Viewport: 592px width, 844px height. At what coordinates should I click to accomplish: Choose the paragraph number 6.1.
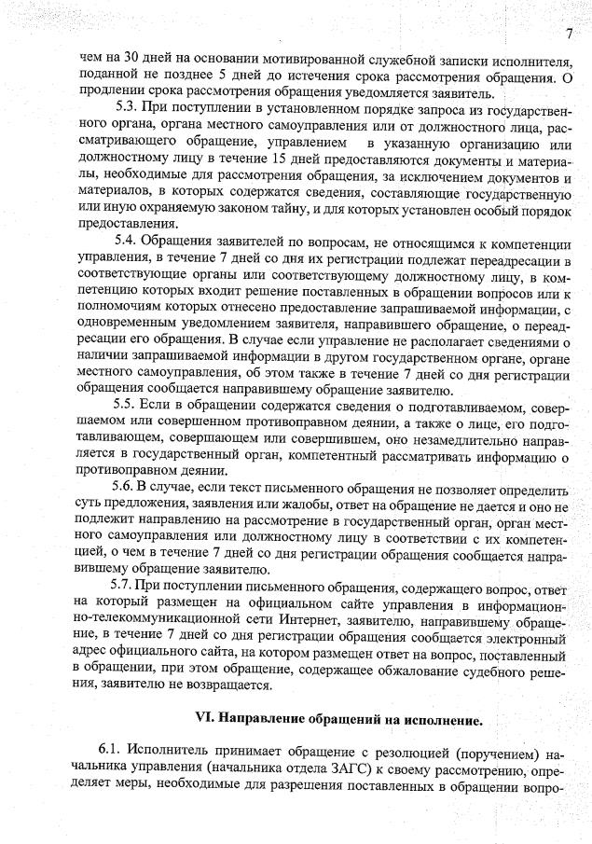110,752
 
